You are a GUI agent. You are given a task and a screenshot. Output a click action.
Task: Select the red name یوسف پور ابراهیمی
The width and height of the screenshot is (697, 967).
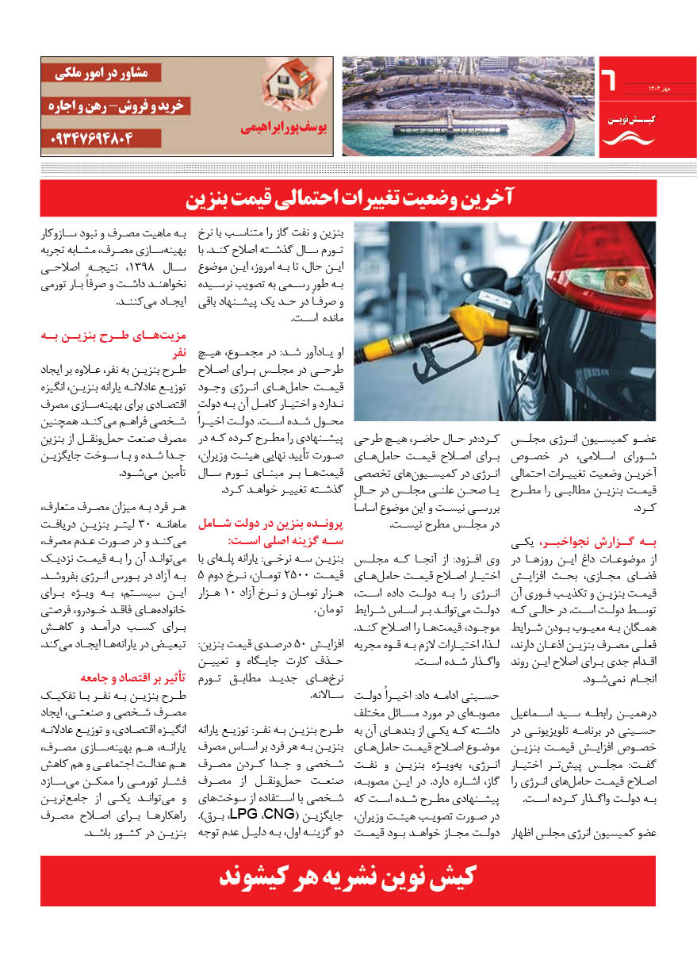tap(281, 125)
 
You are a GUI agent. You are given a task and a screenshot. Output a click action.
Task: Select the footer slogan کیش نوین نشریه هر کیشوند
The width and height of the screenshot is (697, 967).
tap(348, 880)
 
